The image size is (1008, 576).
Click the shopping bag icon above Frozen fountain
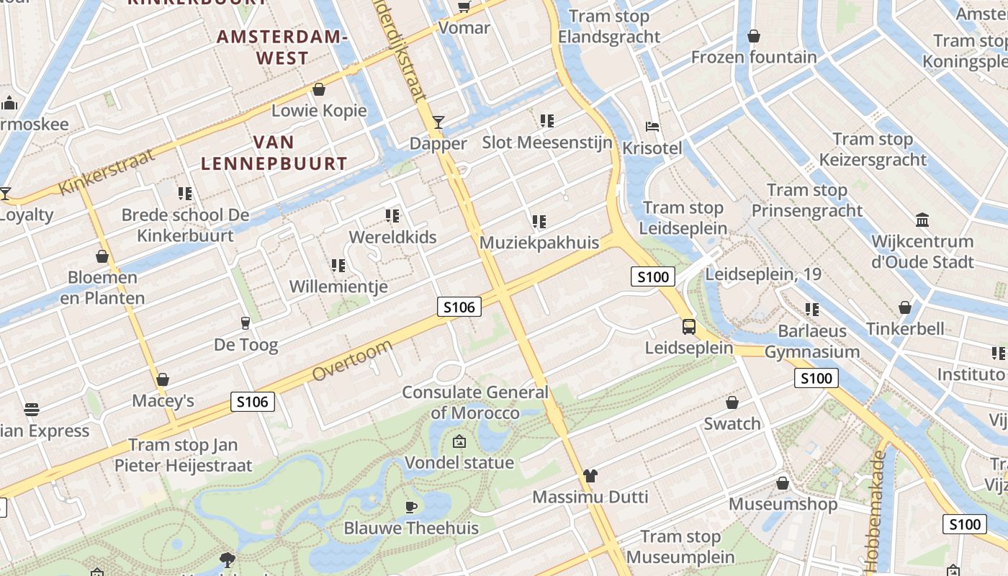754,36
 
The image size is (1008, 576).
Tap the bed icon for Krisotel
652,127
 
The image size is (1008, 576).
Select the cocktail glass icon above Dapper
438,122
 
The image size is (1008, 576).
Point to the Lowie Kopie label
319,111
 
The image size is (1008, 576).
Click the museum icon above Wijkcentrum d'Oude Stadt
922,220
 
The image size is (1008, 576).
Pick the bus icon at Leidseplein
689,327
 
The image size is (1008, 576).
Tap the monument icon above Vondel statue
459,441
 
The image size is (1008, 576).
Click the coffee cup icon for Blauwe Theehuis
411,507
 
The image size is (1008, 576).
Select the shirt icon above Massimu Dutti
590,475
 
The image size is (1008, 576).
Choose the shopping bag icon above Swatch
732,402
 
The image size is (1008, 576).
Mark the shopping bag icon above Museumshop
783,483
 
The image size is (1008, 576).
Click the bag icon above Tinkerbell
905,307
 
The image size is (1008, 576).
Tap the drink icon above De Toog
246,323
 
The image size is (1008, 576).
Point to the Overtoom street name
353,361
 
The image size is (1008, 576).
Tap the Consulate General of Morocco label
475,402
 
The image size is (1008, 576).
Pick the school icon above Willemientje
338,266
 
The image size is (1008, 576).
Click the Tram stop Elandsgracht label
609,27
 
